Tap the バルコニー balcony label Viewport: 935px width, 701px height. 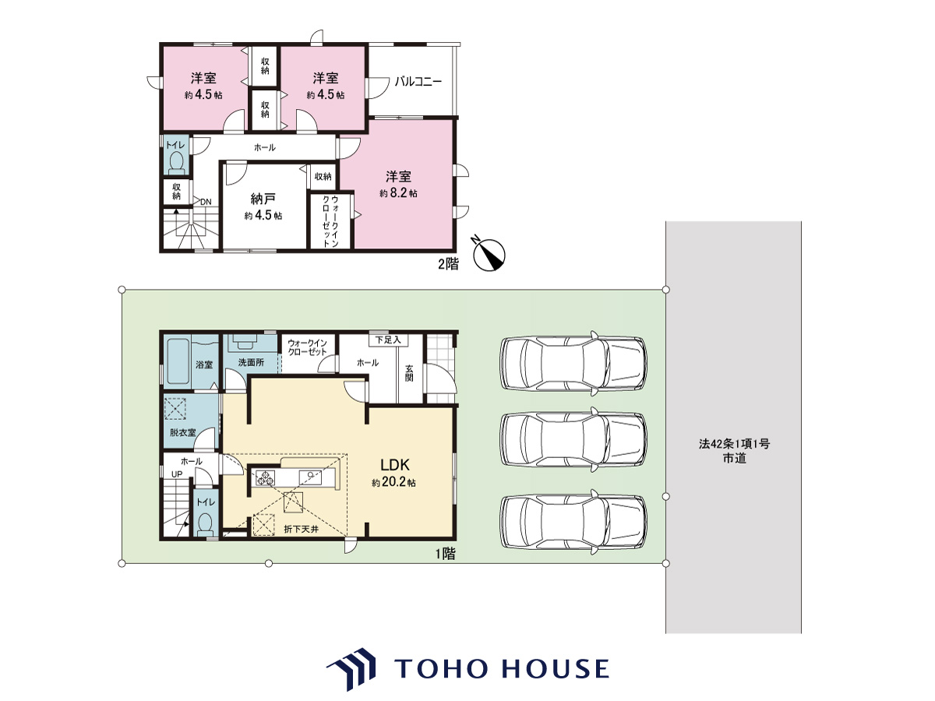(418, 81)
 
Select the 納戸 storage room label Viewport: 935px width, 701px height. (263, 199)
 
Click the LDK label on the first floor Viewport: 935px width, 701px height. (394, 464)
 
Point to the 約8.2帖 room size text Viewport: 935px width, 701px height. (398, 193)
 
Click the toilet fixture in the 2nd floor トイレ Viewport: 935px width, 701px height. (176, 163)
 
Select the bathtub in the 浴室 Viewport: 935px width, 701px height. (178, 361)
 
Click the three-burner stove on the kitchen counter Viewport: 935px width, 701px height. (265, 477)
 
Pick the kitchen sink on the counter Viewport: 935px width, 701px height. (310, 477)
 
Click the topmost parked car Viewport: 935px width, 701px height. (573, 363)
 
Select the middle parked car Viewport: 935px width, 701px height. (573, 439)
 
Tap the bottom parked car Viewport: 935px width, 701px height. (573, 522)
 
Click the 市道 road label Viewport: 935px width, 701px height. (734, 459)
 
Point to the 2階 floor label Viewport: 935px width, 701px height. (449, 264)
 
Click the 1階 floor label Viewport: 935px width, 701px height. (445, 554)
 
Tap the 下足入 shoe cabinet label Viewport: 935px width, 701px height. (388, 340)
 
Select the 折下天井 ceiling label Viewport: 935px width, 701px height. (302, 529)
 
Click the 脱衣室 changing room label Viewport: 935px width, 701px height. (183, 432)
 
